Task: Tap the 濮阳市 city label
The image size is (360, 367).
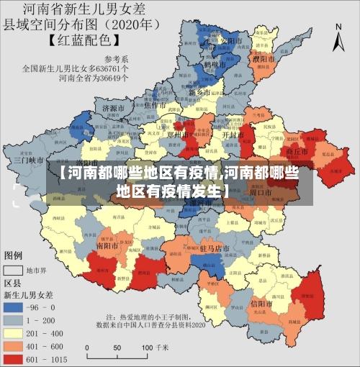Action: [x=264, y=57]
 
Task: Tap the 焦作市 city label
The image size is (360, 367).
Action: [x=156, y=106]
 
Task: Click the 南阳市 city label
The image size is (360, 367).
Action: [x=108, y=245]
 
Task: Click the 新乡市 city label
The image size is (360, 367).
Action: [x=199, y=93]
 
